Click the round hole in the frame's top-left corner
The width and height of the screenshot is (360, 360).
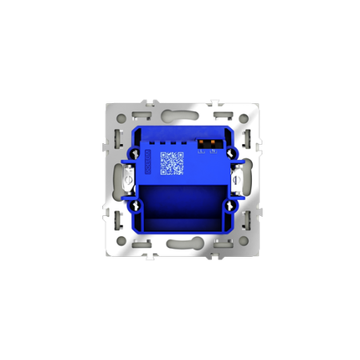[120, 118]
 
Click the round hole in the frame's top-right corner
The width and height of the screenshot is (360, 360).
[241, 118]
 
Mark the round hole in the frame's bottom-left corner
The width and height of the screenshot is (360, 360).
[120, 239]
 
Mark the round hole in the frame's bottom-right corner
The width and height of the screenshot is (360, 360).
[241, 239]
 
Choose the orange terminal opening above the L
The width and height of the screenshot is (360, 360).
[202, 143]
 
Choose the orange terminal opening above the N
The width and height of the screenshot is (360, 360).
[212, 143]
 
